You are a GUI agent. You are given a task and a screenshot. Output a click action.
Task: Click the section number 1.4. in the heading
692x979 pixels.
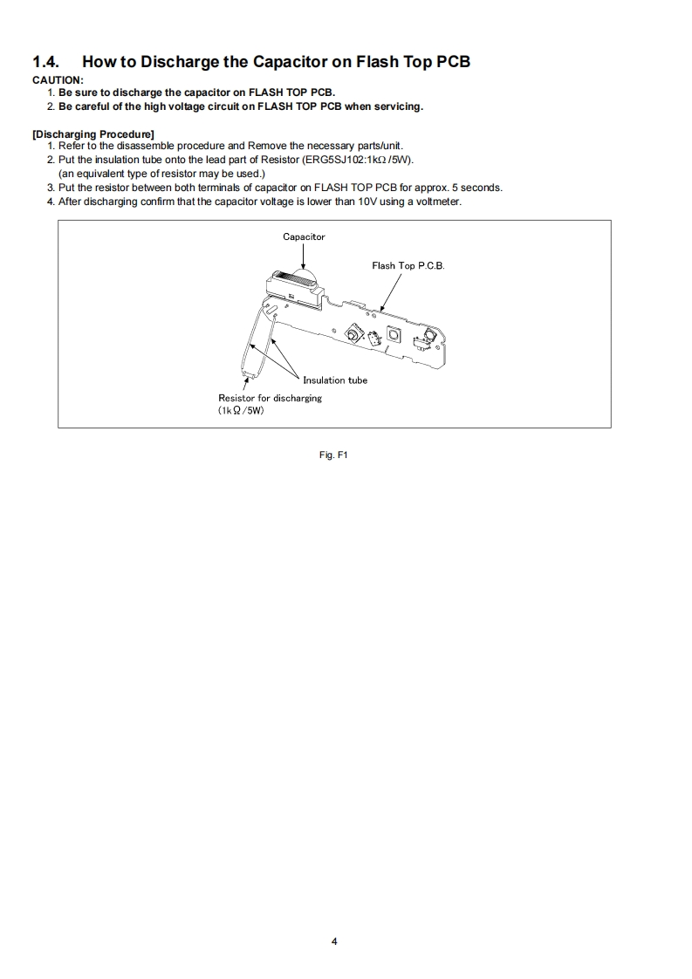pos(48,62)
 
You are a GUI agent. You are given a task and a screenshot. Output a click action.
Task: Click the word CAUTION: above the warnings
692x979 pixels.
pos(58,80)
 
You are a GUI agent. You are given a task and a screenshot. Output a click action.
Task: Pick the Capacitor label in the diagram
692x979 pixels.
pos(304,236)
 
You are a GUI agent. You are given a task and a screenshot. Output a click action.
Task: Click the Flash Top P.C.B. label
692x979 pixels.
pos(408,265)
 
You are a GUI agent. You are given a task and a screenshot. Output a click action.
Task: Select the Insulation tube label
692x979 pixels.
pos(335,380)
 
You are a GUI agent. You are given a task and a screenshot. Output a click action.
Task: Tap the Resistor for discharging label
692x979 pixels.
pos(270,398)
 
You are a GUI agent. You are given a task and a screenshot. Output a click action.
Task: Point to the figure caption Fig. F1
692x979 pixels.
pos(334,454)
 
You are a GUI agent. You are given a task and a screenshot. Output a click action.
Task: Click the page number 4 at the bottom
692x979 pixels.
pos(334,941)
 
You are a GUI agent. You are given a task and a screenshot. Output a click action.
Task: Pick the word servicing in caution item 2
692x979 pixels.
pos(397,106)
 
